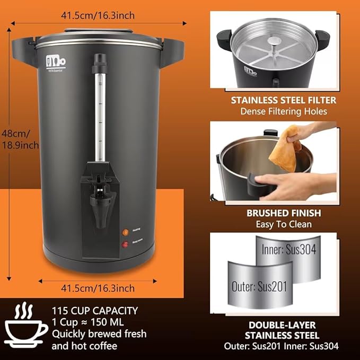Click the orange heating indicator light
[126, 232]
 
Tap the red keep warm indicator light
[126, 244]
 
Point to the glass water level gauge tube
[98, 114]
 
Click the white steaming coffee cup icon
[25, 327]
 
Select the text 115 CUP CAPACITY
[95, 311]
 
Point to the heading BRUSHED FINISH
[283, 213]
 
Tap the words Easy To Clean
[283, 224]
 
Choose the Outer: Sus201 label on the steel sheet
[259, 287]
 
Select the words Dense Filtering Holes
[283, 111]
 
